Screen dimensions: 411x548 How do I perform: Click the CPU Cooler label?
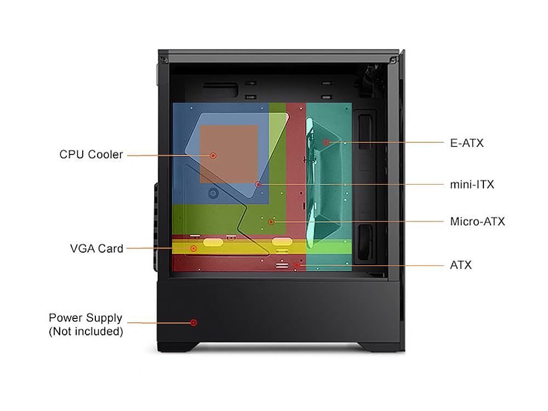(91, 155)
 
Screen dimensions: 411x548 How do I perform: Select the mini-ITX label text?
(471, 184)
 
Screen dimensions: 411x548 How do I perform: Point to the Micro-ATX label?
(477, 221)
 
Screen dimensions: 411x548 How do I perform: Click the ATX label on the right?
(460, 265)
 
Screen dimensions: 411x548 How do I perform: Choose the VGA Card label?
(96, 248)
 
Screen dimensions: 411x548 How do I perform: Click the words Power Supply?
(85, 318)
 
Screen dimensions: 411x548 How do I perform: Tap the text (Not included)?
(85, 331)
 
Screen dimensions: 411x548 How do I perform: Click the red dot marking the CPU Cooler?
(213, 156)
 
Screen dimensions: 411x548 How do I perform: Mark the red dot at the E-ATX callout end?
(326, 142)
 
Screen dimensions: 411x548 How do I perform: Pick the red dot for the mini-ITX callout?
(258, 184)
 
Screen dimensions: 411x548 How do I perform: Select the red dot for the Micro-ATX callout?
(271, 221)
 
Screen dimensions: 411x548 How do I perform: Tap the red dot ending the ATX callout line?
(296, 265)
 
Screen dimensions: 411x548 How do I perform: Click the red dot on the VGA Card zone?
(193, 248)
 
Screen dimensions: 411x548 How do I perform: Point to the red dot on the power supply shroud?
(193, 322)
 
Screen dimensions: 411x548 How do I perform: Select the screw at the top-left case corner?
(163, 59)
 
